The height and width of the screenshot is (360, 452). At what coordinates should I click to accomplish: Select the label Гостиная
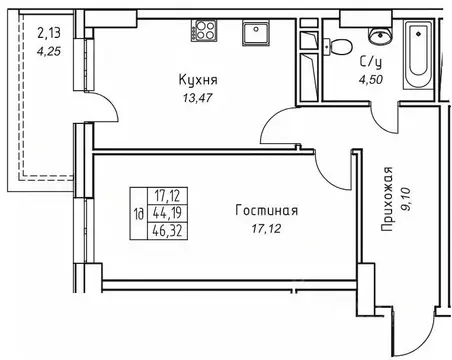[x=265, y=211]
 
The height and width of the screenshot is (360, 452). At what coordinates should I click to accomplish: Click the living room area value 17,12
[x=265, y=229]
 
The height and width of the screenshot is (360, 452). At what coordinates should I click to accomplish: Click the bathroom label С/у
[x=370, y=60]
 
